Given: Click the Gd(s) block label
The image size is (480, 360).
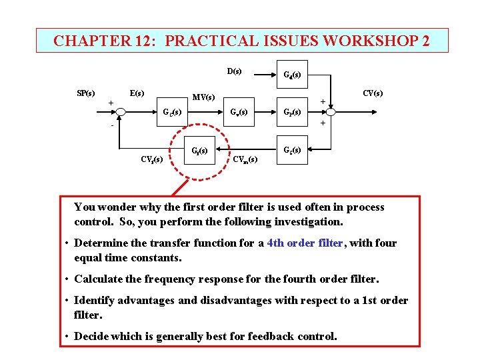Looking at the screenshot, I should tap(291, 75).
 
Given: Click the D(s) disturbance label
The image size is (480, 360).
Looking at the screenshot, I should tap(234, 71).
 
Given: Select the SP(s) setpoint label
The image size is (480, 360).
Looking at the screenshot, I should tap(85, 93).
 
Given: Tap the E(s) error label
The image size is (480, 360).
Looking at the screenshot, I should tap(137, 93).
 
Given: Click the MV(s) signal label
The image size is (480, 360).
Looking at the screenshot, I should tap(203, 97).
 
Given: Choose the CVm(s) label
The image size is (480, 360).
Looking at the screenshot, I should tap(245, 159).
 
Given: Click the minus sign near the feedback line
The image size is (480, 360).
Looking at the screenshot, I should tap(113, 125).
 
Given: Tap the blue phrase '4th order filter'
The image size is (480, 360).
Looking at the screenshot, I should tap(305, 243).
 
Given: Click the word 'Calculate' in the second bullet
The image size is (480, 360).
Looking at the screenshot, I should tap(98, 279).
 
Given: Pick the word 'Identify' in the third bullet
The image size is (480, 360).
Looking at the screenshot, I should tap(93, 301).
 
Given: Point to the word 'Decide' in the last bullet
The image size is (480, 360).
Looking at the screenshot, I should tap(91, 336).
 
